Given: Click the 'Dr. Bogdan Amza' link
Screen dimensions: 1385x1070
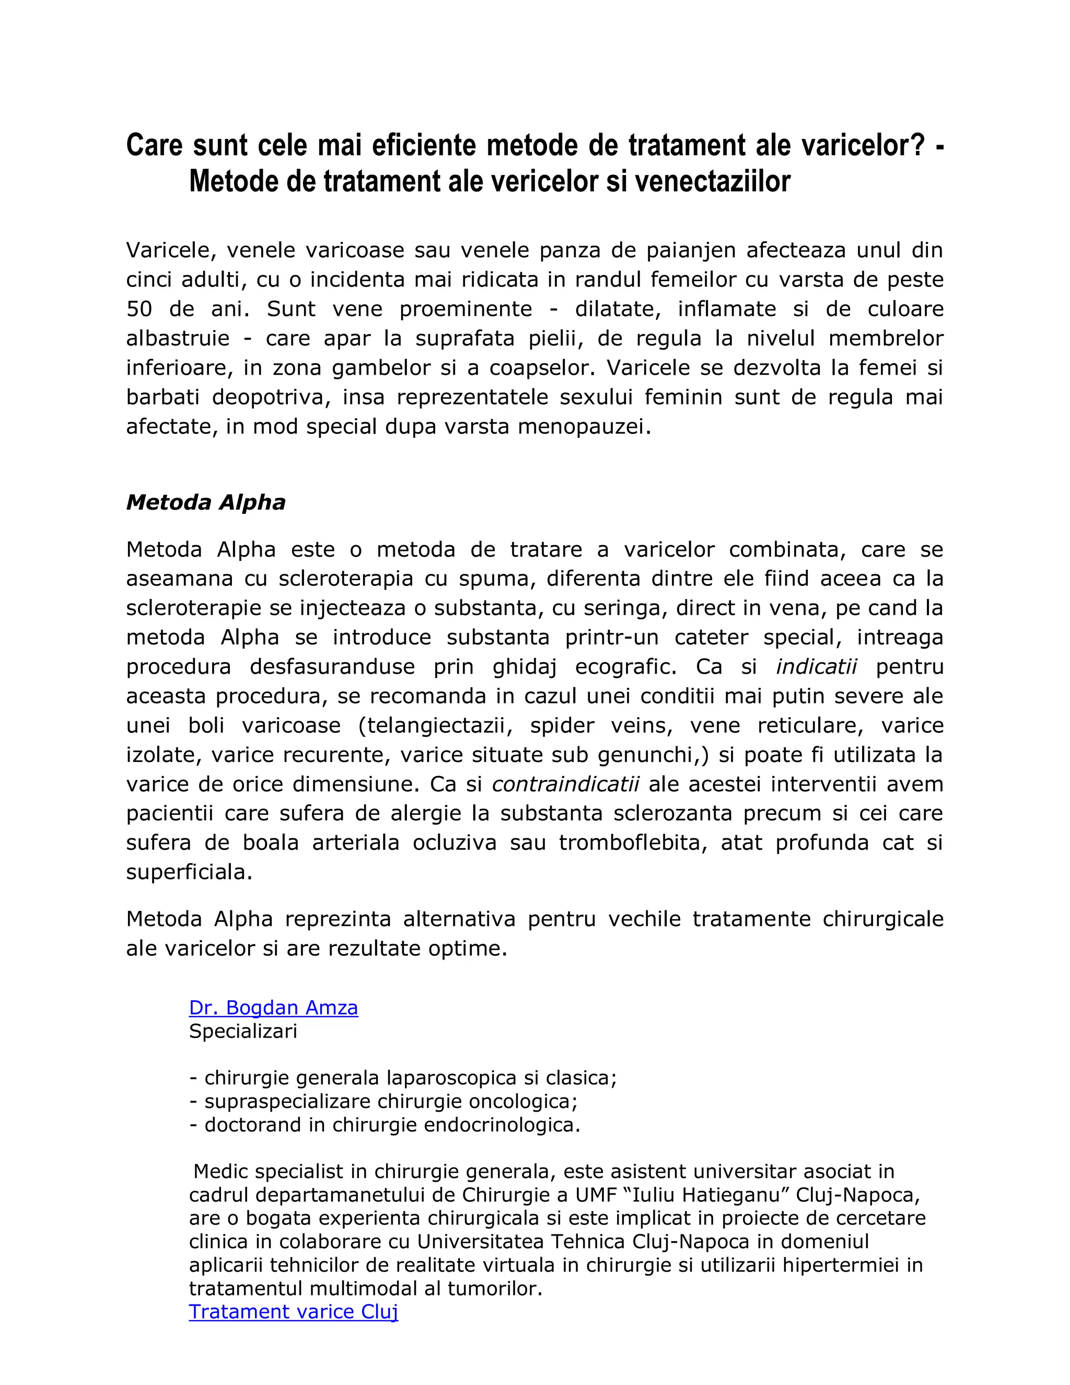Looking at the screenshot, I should (273, 1008).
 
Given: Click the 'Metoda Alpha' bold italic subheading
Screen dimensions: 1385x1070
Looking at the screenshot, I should (205, 502).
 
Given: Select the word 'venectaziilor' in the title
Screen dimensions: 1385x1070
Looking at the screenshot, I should (712, 181).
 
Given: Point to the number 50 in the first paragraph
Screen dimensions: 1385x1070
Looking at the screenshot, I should (139, 309).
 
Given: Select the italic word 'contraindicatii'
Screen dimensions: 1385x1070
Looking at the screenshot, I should (565, 784).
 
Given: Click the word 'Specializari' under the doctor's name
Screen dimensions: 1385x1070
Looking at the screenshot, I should (243, 1031).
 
